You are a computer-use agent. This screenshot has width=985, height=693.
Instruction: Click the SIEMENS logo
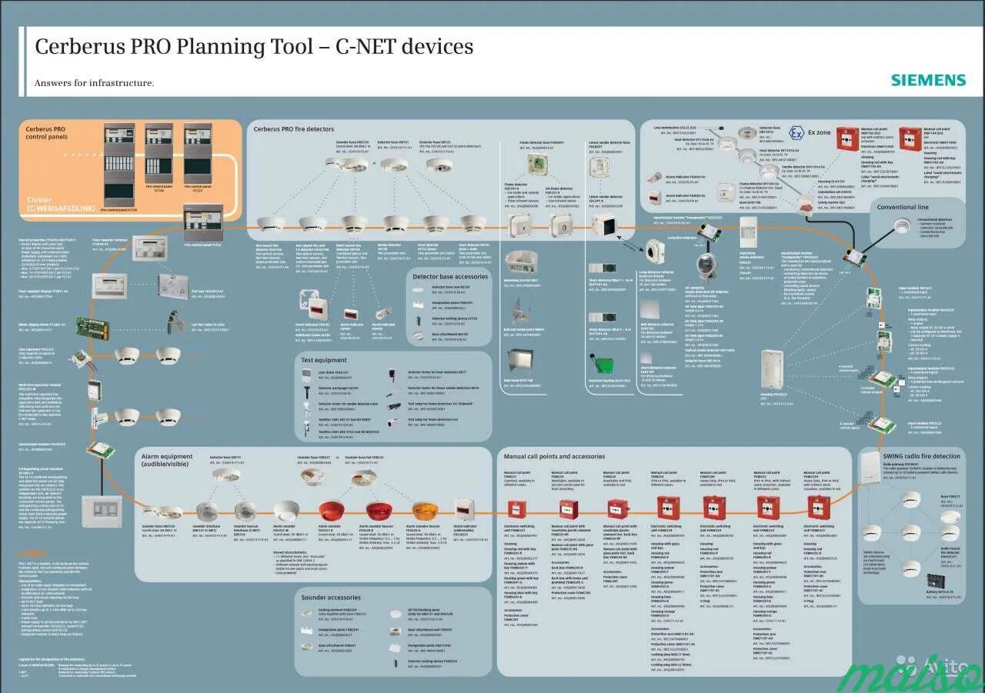[928, 80]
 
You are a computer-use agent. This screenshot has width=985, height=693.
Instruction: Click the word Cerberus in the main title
[74, 47]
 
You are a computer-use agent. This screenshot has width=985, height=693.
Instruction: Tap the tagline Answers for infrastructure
[94, 83]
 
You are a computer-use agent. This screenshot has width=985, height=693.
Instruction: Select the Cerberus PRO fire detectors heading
[294, 128]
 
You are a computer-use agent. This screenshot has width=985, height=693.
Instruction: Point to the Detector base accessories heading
[450, 276]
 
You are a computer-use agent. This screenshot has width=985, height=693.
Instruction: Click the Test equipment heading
[324, 360]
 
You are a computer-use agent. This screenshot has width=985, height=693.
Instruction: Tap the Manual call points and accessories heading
[554, 456]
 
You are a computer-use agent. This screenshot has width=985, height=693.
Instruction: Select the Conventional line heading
[902, 207]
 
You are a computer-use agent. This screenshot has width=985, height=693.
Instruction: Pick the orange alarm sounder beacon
[425, 511]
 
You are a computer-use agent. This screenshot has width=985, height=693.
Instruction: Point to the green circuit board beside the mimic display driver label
[92, 328]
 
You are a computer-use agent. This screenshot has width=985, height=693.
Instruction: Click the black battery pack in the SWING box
[937, 581]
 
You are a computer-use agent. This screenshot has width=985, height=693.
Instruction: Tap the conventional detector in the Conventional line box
[902, 225]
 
